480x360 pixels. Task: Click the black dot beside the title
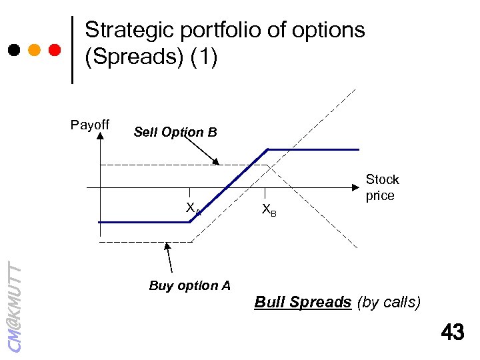point(14,49)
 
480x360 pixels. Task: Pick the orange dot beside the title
point(35,49)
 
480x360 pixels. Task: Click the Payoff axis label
point(90,125)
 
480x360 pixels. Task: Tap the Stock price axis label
point(382,187)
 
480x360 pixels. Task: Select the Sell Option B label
point(175,132)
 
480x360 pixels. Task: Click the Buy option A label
point(190,286)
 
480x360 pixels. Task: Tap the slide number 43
point(453,331)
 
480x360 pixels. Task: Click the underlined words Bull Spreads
point(303,302)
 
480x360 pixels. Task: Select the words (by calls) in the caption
point(390,302)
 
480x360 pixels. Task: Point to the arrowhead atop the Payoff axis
point(100,135)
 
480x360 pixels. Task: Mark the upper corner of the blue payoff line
point(268,149)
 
